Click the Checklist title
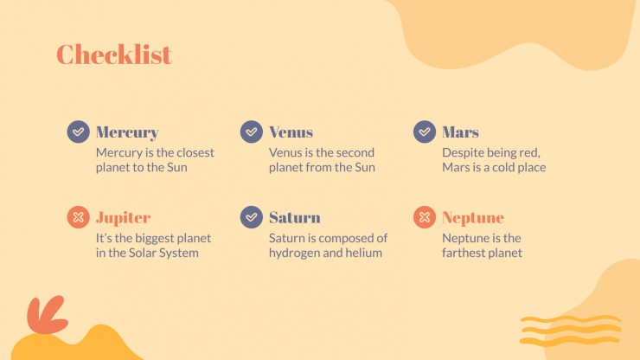114,55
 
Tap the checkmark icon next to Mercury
79,132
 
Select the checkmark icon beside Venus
252,132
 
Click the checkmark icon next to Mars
425,132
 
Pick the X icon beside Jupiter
79,217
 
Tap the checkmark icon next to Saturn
252,217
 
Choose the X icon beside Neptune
425,217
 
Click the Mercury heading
127,132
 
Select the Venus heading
291,132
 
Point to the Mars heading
460,132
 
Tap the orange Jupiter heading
124,218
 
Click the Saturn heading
295,217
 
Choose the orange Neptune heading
473,218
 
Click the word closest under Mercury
195,152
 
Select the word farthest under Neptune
464,253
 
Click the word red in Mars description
529,153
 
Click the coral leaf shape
47,315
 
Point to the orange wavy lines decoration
571,331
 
